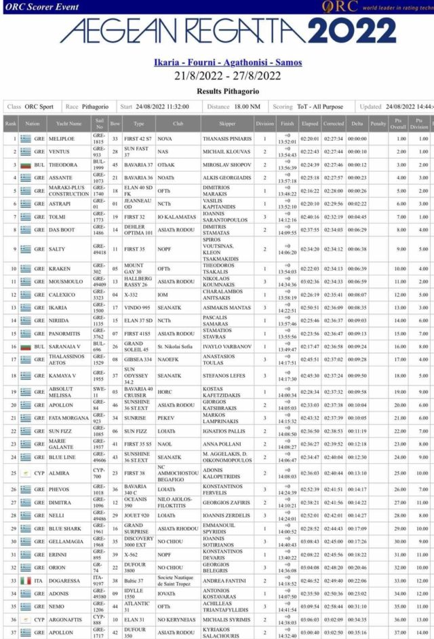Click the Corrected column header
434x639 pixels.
(x=334, y=124)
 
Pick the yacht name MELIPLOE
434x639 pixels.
(x=62, y=139)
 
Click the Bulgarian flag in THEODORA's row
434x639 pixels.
(x=26, y=165)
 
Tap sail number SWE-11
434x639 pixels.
(x=99, y=392)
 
